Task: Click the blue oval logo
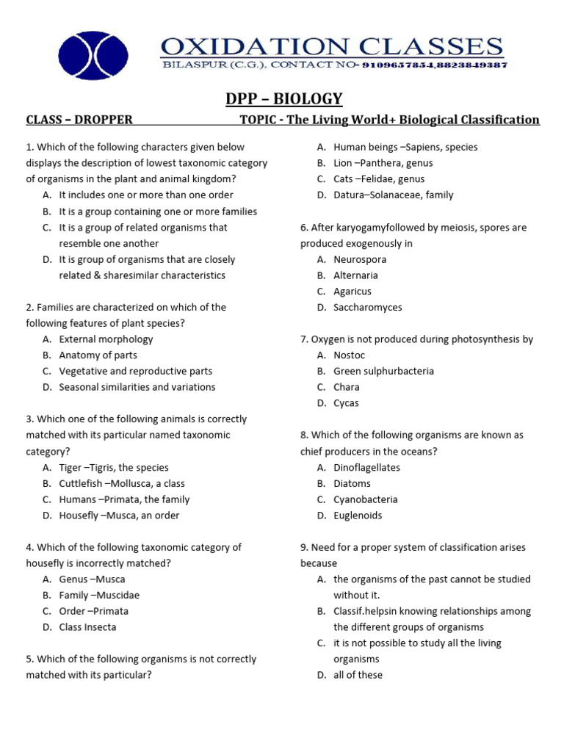pos(93,57)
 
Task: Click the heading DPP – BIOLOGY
pos(283,99)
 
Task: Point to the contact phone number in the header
pos(433,65)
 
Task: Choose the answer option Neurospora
pos(359,259)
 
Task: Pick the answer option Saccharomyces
pos(367,308)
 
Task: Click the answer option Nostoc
pos(349,355)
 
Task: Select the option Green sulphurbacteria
pos(383,372)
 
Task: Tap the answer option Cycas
pos(346,403)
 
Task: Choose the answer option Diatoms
pos(352,483)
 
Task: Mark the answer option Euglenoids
pos(358,516)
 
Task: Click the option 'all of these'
pos(358,675)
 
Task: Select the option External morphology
pos(106,339)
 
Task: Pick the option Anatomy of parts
pos(98,355)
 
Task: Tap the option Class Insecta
pos(87,627)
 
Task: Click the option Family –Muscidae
pos(99,595)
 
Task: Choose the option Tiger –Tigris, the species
pos(114,467)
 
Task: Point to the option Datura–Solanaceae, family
pos(393,195)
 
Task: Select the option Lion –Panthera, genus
pos(383,163)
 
